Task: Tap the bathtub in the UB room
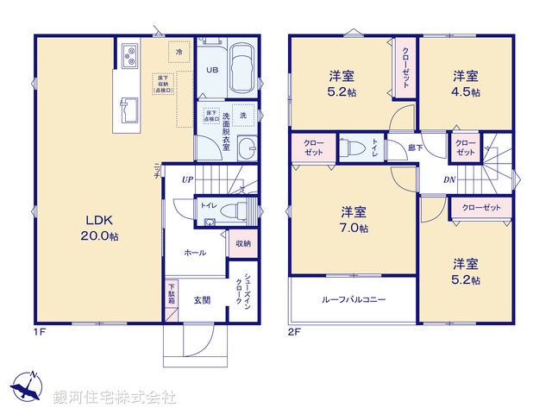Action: tap(242, 68)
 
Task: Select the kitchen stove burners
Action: tap(131, 57)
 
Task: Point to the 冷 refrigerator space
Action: tap(179, 53)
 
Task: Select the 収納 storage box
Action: tap(242, 244)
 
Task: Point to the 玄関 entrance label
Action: tap(202, 300)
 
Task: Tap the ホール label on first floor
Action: tap(195, 253)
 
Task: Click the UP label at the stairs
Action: tap(187, 181)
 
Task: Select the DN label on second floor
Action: tap(449, 179)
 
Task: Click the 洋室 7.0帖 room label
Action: tap(353, 219)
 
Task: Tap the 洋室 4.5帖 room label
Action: tap(467, 83)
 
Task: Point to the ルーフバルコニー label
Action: tap(354, 300)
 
